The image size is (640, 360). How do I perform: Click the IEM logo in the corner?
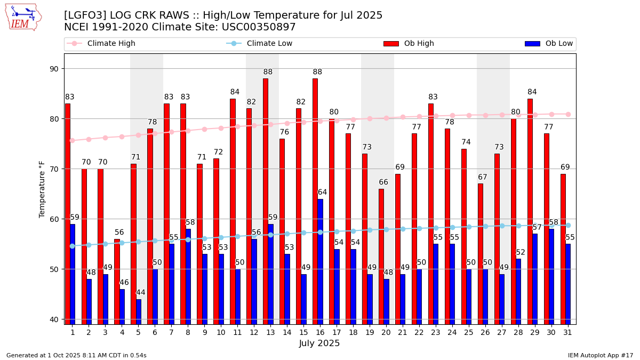click(x=23, y=17)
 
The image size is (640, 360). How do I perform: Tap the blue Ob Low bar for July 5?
click(x=139, y=311)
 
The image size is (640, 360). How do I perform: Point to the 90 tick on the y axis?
click(x=53, y=69)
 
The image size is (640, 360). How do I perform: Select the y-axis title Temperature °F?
click(x=42, y=189)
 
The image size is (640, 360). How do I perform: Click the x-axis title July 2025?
click(x=320, y=343)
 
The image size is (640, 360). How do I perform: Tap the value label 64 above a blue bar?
click(x=323, y=193)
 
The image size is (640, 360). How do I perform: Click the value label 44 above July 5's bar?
click(x=141, y=293)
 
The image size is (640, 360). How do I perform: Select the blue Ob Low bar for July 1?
click(x=73, y=274)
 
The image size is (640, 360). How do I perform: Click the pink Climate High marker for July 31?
click(x=568, y=114)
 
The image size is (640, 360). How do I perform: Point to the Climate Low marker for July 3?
click(x=105, y=244)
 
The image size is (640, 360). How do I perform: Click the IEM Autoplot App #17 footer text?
click(x=601, y=355)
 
